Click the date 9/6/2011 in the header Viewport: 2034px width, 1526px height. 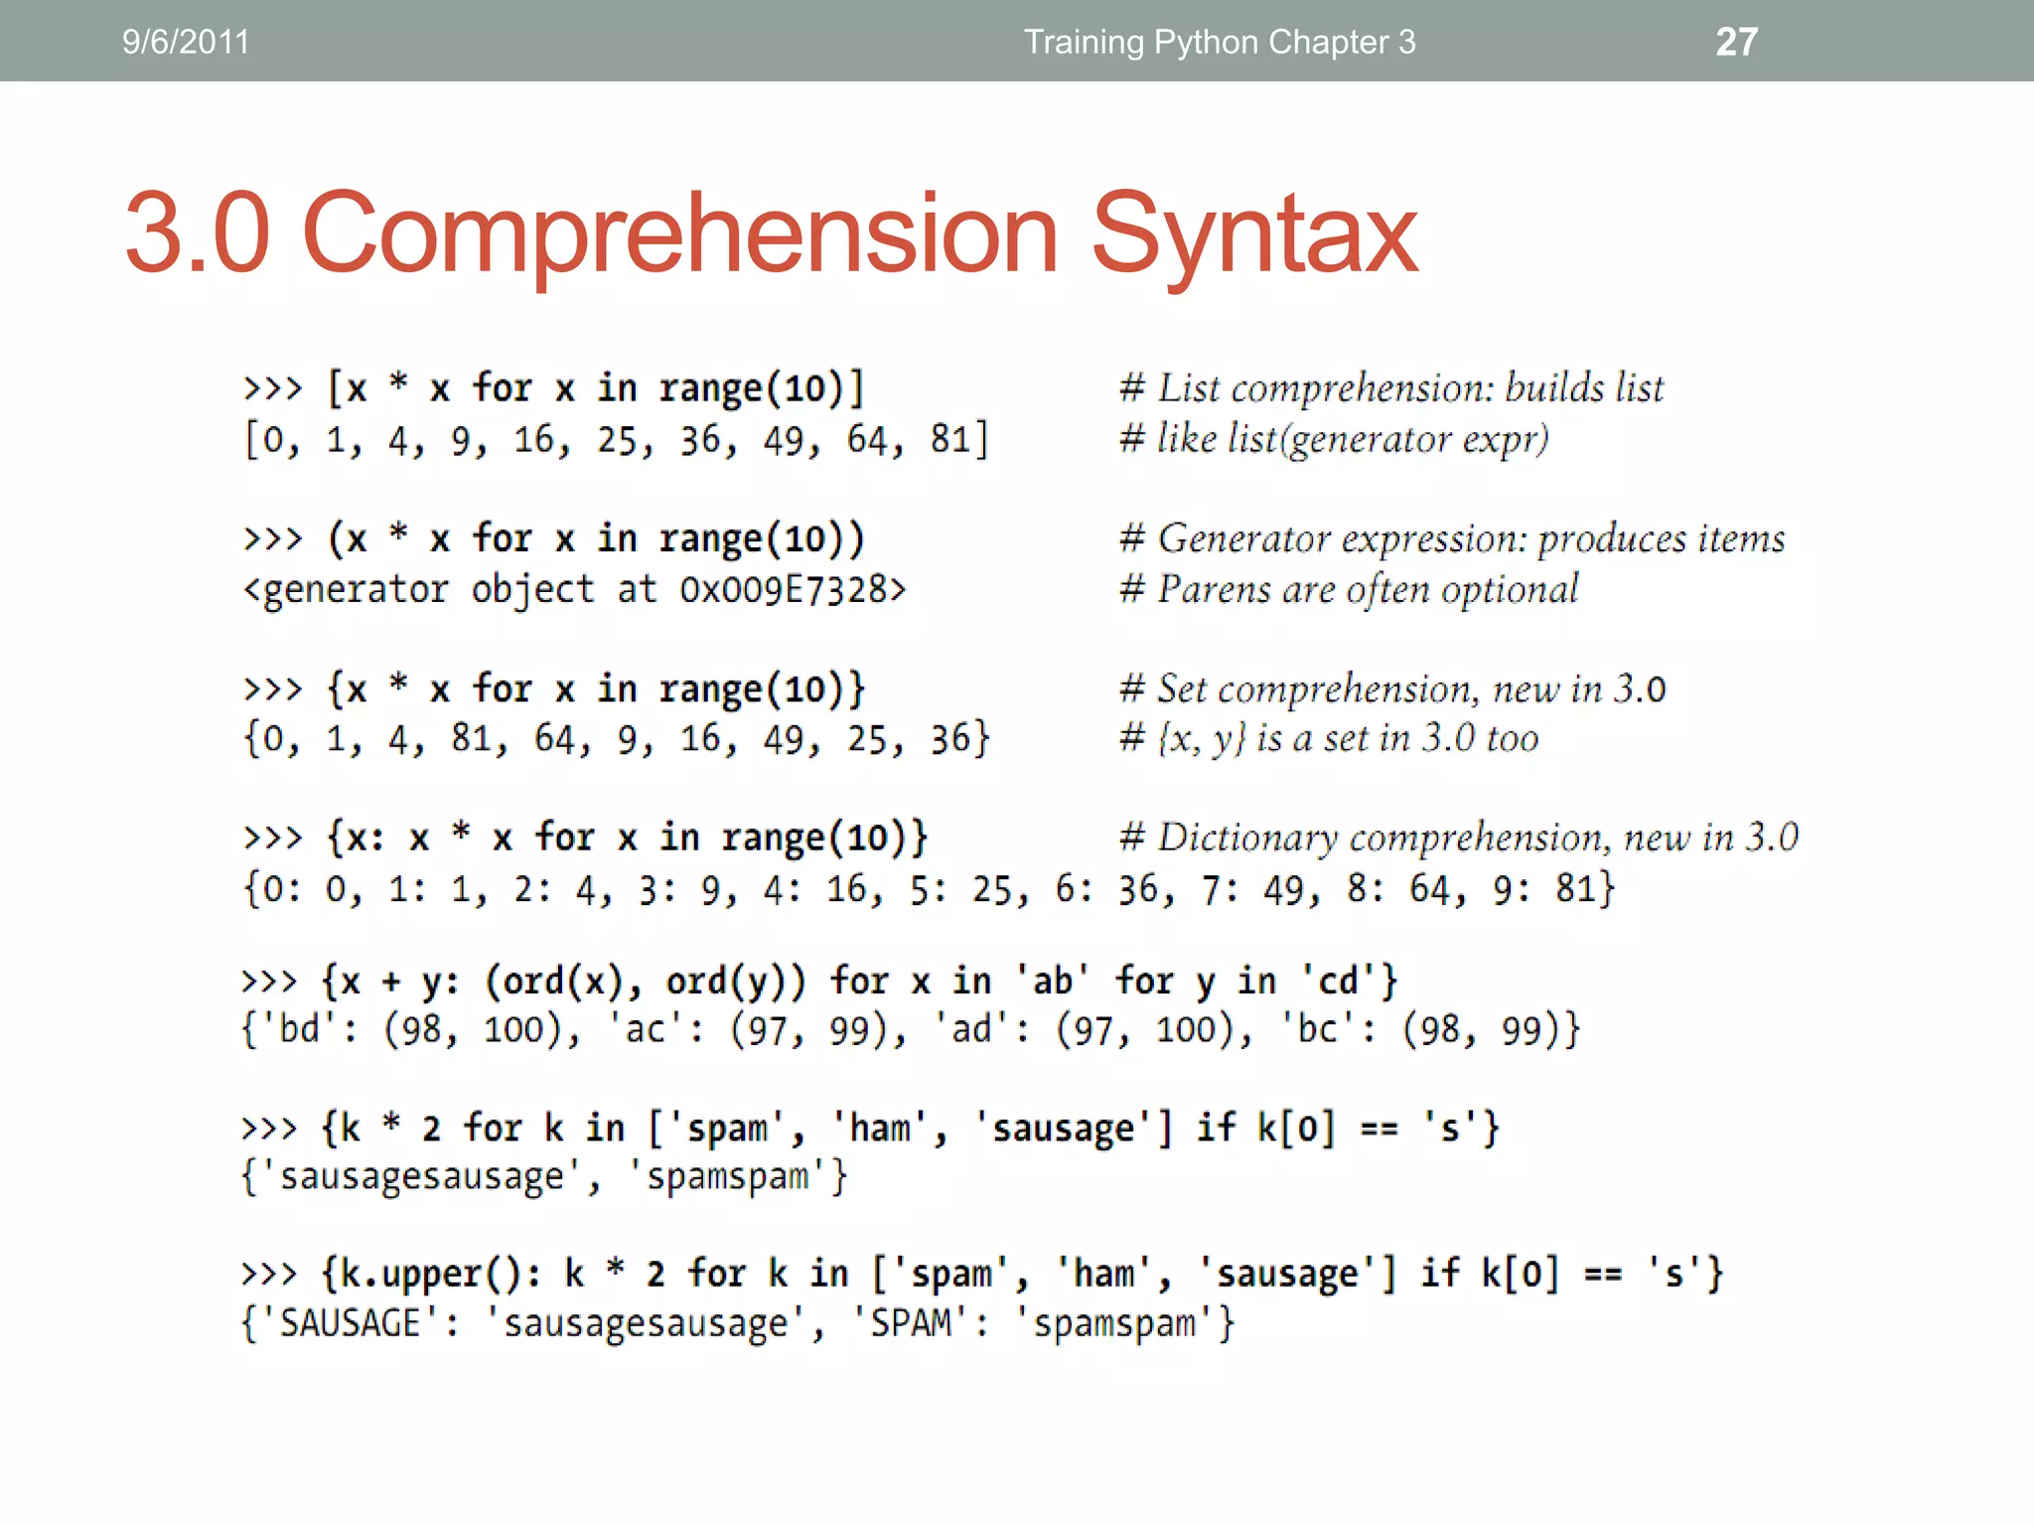click(x=186, y=42)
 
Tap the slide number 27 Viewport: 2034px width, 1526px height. click(x=1736, y=42)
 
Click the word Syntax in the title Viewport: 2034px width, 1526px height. click(x=1253, y=234)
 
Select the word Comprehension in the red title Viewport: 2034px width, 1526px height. click(x=679, y=234)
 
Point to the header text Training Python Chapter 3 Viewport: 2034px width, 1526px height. click(x=1220, y=42)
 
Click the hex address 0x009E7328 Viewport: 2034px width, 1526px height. click(x=792, y=590)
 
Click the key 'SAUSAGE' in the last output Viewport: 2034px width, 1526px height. click(x=351, y=1324)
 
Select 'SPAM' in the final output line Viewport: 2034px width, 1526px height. click(x=911, y=1324)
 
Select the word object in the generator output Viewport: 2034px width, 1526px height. click(x=532, y=590)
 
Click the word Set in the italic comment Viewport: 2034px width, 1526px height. click(x=1182, y=688)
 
